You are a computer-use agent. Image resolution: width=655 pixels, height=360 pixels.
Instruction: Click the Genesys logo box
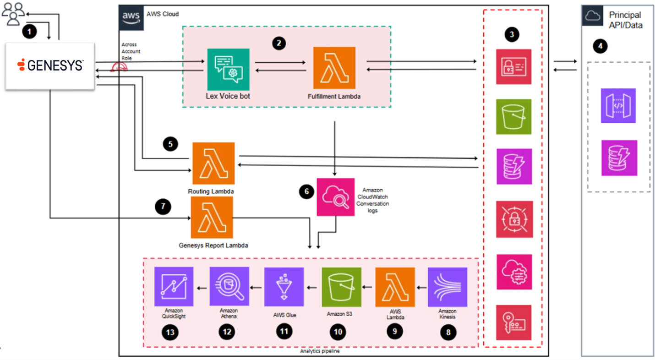tap(50, 66)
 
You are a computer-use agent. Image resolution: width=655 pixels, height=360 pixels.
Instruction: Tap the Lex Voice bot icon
tap(229, 70)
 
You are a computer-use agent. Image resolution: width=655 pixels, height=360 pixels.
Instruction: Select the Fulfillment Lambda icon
tap(334, 68)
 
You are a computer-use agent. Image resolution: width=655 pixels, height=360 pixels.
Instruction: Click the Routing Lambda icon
tap(213, 164)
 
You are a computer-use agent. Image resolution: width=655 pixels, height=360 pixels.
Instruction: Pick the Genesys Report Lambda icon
tap(212, 218)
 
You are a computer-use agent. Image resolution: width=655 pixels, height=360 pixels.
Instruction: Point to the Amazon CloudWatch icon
tap(336, 197)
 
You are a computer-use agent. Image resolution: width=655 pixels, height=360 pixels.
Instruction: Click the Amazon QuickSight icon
tap(174, 286)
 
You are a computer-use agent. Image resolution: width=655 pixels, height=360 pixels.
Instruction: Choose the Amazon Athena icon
tap(229, 286)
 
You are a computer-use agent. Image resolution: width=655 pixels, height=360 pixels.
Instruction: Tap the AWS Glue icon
tap(284, 287)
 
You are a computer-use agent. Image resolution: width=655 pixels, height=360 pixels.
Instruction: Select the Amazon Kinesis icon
tap(448, 287)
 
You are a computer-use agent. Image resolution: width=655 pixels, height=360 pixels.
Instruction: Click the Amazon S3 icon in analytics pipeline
tap(342, 287)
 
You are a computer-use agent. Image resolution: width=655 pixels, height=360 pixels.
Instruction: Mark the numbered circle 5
tap(170, 144)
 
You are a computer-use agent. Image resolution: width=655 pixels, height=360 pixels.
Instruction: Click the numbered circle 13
tap(170, 332)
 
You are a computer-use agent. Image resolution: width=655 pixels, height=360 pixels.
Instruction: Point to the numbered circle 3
tap(512, 34)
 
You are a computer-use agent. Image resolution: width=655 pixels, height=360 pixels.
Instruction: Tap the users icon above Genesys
tap(13, 14)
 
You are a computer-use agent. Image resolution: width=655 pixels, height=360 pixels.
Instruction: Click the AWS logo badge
tap(131, 17)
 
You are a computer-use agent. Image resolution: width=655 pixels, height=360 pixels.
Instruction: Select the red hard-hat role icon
tap(119, 67)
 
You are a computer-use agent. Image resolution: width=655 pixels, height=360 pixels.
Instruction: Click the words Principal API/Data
tap(626, 20)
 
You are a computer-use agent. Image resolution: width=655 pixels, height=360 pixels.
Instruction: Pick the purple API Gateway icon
tap(618, 106)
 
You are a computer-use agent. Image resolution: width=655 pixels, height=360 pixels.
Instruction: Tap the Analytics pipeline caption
tap(320, 351)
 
